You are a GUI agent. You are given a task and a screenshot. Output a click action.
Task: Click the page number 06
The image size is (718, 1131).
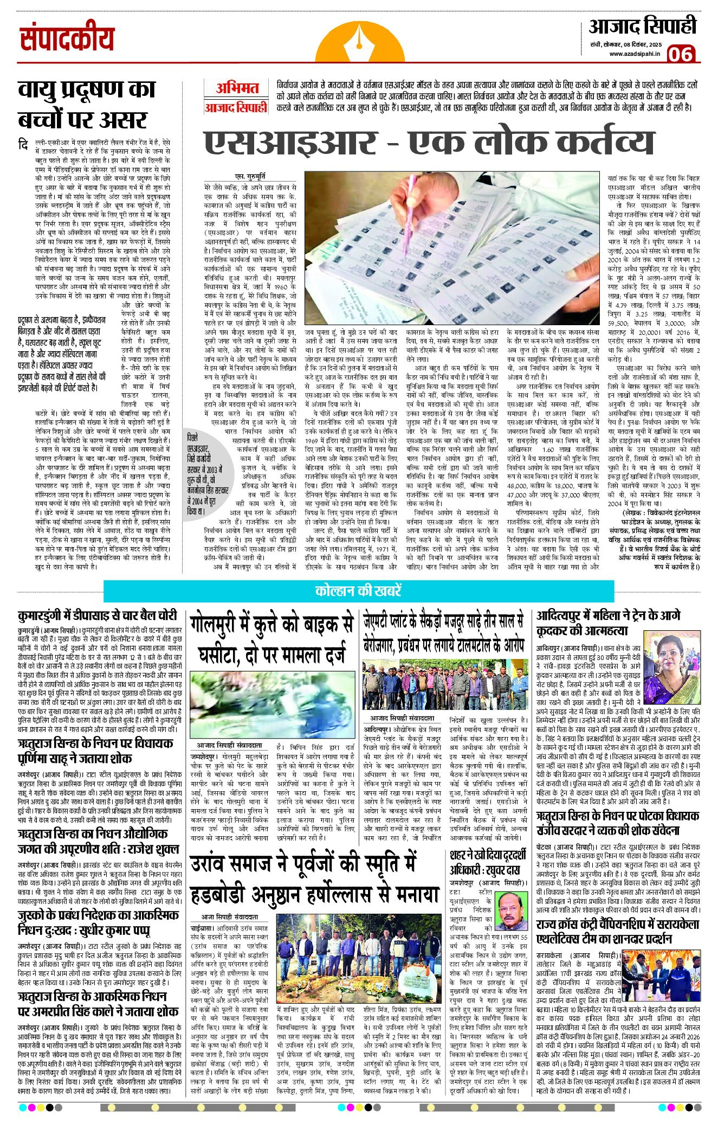pyautogui.click(x=681, y=54)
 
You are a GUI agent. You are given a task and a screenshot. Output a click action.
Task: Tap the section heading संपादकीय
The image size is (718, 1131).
pyautogui.click(x=67, y=39)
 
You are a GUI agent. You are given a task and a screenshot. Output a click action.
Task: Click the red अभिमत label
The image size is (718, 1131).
pyautogui.click(x=237, y=88)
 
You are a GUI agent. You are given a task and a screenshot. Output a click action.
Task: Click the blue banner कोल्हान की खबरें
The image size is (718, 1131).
pyautogui.click(x=358, y=591)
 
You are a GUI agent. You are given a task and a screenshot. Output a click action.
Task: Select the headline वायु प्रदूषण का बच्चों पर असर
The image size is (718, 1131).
pyautogui.click(x=87, y=104)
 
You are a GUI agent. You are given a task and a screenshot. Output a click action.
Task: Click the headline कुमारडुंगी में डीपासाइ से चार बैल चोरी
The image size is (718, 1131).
pyautogui.click(x=98, y=616)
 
